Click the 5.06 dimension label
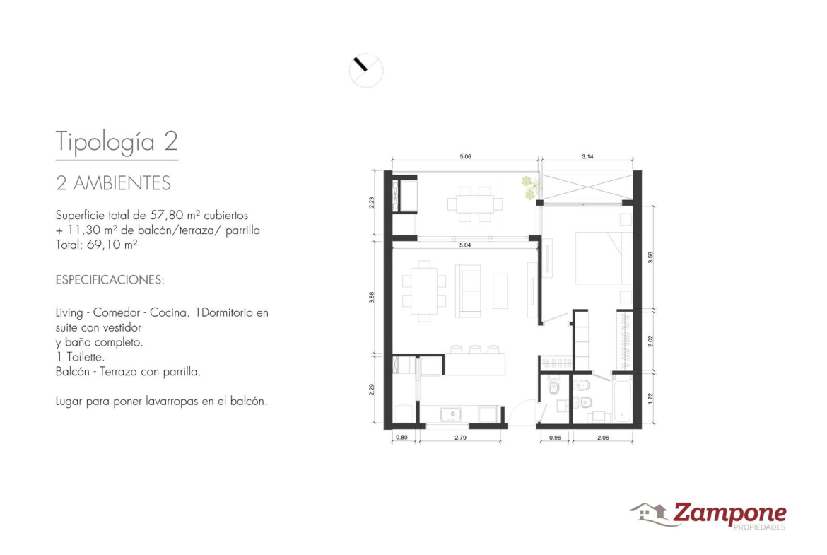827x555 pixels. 464,157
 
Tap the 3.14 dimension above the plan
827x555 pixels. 587,157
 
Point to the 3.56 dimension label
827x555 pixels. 650,257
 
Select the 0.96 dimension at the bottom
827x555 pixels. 554,438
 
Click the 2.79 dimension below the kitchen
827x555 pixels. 460,438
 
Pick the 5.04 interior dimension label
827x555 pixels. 464,245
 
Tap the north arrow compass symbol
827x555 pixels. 366,70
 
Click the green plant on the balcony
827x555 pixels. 531,188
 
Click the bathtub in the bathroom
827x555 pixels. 622,402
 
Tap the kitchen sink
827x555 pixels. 452,415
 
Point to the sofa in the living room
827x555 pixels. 468,291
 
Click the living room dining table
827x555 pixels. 424,291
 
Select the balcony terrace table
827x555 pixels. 475,204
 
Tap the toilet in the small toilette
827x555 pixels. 553,387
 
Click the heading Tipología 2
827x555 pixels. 117,141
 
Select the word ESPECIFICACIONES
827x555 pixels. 110,279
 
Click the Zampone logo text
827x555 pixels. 729,513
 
